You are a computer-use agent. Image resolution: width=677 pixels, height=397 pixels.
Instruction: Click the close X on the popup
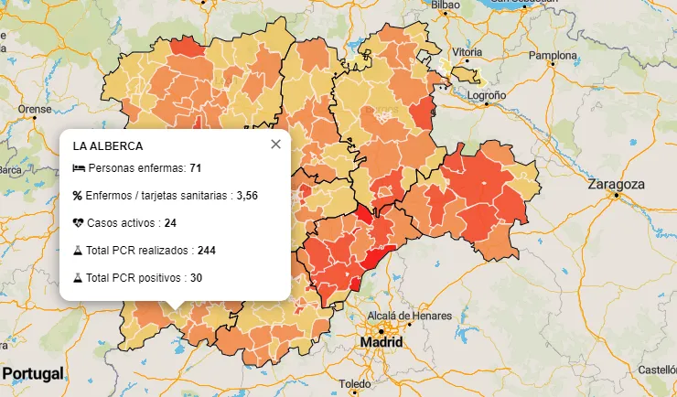click(x=275, y=145)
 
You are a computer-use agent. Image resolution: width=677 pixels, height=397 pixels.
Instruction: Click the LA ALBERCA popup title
click(x=108, y=145)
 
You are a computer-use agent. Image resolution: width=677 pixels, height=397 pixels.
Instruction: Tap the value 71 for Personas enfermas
click(x=196, y=169)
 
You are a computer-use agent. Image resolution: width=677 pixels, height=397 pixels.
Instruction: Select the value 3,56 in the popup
click(x=247, y=196)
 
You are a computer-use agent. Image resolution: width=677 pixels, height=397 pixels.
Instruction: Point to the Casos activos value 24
click(x=170, y=222)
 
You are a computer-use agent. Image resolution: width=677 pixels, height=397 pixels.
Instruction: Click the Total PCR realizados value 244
click(x=206, y=250)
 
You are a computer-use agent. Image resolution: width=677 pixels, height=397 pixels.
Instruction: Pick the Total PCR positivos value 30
click(x=196, y=276)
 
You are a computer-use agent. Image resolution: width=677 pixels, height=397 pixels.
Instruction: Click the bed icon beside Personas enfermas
click(x=78, y=169)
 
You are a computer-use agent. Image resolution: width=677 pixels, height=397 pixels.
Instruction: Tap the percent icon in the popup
click(x=78, y=196)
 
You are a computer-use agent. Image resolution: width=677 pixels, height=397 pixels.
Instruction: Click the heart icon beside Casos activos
click(x=78, y=222)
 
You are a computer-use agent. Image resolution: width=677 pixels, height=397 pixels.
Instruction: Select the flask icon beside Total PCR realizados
click(x=78, y=250)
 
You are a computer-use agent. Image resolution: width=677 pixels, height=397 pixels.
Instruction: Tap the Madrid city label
click(x=381, y=342)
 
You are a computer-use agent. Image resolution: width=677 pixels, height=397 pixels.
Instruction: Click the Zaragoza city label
click(x=618, y=184)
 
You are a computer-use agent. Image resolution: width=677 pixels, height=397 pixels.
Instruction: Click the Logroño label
click(x=487, y=95)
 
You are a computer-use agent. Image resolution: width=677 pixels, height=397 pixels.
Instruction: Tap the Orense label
click(x=35, y=109)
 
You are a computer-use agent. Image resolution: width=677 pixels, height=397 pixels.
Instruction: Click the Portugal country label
click(x=33, y=374)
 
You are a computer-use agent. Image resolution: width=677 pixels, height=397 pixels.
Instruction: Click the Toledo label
click(x=354, y=383)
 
